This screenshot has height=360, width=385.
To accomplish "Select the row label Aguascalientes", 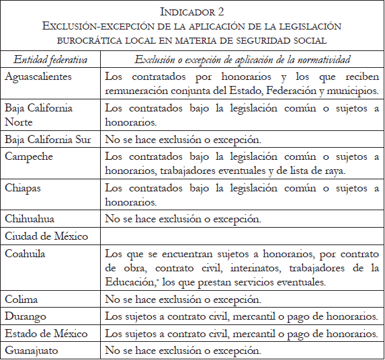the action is tap(38, 76).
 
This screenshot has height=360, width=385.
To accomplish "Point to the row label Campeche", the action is tap(29, 156).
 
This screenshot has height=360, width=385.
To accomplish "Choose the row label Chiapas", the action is tap(23, 188).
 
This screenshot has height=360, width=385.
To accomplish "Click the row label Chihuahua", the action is tap(30, 218).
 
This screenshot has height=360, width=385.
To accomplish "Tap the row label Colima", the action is tap(22, 299).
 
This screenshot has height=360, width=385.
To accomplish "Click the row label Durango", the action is tap(26, 315).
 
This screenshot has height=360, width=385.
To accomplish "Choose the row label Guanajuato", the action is tap(32, 349).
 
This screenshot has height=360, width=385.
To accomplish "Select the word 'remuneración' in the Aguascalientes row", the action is tap(140, 90).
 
